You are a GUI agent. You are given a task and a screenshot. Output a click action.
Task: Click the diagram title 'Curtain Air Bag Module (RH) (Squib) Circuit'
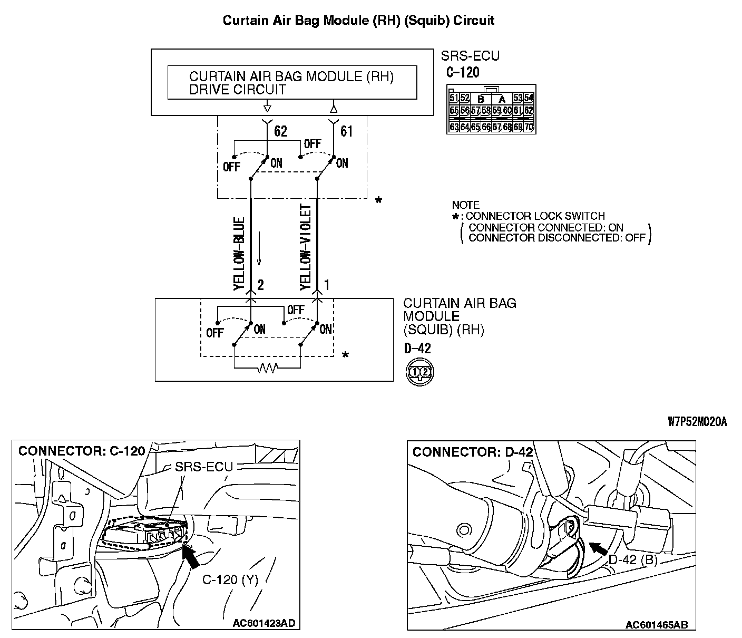pos(358,21)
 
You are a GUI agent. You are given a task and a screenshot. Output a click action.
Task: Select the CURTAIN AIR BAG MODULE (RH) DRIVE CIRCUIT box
pos(292,83)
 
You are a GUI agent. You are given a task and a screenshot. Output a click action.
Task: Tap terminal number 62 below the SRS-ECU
pos(281,131)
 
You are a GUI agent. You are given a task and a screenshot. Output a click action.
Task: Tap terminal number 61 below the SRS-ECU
pos(346,131)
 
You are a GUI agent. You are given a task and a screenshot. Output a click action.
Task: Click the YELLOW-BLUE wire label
pos(239,253)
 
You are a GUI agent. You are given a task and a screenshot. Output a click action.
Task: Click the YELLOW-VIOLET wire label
pos(306,247)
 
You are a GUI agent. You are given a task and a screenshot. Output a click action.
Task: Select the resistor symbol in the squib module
pos(267,369)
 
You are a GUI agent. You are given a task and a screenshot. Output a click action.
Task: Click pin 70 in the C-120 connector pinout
pos(529,127)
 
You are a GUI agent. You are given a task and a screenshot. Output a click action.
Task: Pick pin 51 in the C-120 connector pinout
pos(454,98)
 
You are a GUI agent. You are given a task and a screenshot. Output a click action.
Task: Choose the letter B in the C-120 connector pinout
pos(481,99)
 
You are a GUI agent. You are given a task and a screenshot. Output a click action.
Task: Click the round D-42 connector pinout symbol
pos(419,372)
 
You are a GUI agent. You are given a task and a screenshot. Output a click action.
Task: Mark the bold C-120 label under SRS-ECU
pos(463,72)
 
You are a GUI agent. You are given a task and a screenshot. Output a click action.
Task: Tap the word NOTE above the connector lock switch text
pos(466,205)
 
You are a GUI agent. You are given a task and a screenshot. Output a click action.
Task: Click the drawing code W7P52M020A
pos(697,421)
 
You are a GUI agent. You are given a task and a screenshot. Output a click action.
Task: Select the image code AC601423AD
pos(263,623)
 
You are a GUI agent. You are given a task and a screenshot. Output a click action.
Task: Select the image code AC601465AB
pos(656,625)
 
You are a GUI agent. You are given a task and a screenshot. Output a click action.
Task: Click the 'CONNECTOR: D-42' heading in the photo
pos(473,452)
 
